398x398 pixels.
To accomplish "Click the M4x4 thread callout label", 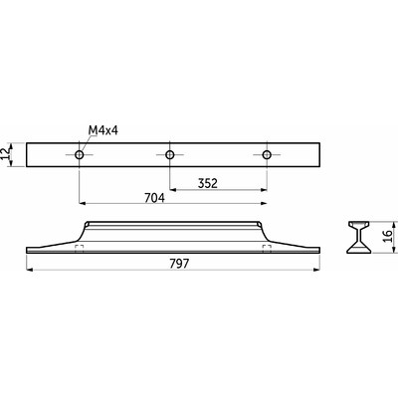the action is tap(103, 130).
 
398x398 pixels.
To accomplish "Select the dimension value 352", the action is tap(208, 183).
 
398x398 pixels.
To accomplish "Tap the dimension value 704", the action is tap(154, 198).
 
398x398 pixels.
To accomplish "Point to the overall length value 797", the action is tap(179, 264).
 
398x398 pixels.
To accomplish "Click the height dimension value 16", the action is tap(388, 236).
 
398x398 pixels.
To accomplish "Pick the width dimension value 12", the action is tap(5, 154).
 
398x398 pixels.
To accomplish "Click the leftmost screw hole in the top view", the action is tap(80, 154).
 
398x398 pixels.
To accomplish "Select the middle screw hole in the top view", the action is tap(170, 154).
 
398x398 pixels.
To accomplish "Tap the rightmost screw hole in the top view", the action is tap(267, 154).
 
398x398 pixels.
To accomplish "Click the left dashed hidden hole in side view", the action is tap(79, 249).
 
